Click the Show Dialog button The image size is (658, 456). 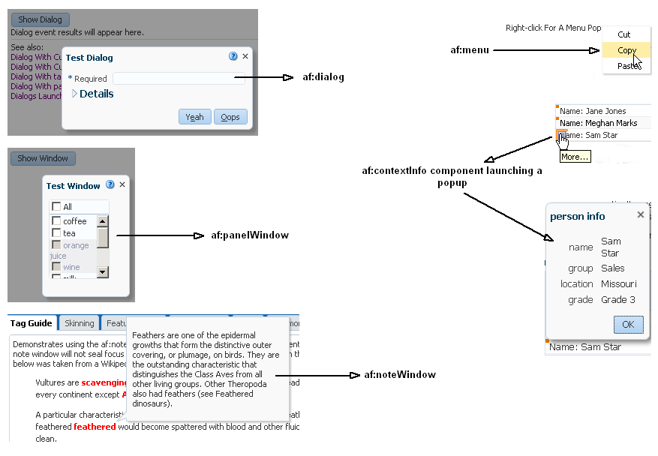[x=41, y=20]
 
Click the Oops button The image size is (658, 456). [x=230, y=117]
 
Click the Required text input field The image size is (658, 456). [x=179, y=78]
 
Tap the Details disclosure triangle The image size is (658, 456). [x=75, y=94]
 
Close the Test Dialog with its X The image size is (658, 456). [x=245, y=56]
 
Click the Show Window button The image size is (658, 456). [x=43, y=158]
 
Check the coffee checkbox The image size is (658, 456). [x=56, y=220]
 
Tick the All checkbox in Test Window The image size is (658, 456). [x=56, y=206]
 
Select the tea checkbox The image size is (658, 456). [x=56, y=232]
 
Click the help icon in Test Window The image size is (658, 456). [x=110, y=184]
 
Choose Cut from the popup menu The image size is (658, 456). [x=624, y=34]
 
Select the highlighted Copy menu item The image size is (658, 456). [x=626, y=50]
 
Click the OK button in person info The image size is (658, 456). [x=628, y=325]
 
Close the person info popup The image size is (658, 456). [x=641, y=214]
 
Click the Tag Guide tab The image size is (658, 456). [x=32, y=323]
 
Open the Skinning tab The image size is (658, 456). [x=80, y=323]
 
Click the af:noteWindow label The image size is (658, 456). [x=400, y=374]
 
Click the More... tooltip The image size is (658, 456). [x=575, y=157]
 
